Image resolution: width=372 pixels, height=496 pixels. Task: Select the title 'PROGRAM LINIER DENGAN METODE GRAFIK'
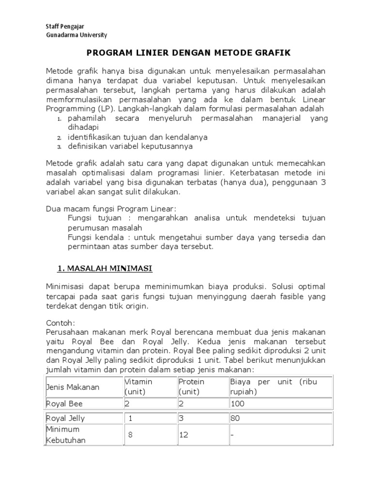[x=186, y=52]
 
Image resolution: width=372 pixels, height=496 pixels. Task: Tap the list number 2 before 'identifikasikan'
[x=59, y=138]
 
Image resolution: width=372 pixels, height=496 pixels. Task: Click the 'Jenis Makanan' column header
[x=73, y=387]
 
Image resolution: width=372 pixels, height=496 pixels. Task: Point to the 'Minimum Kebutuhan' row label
[x=66, y=435]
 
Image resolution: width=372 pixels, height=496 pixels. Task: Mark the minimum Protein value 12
[x=184, y=435]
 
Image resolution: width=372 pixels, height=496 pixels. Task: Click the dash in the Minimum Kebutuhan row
[x=232, y=435]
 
